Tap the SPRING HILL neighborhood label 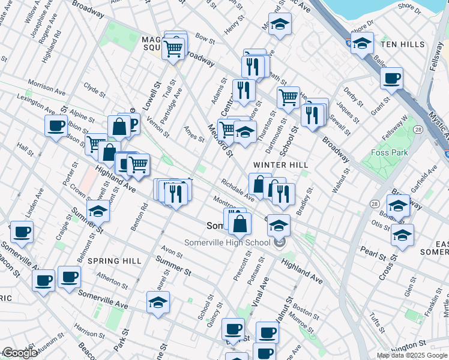coord(115,261)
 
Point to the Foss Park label coord(390,152)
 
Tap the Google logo coord(20,353)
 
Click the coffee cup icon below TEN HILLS coord(392,78)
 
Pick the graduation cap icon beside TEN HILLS coord(362,43)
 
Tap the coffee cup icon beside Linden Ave coord(22,232)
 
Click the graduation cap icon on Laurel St coord(158,303)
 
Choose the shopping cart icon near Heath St coord(288,97)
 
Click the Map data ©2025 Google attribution coord(411,355)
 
